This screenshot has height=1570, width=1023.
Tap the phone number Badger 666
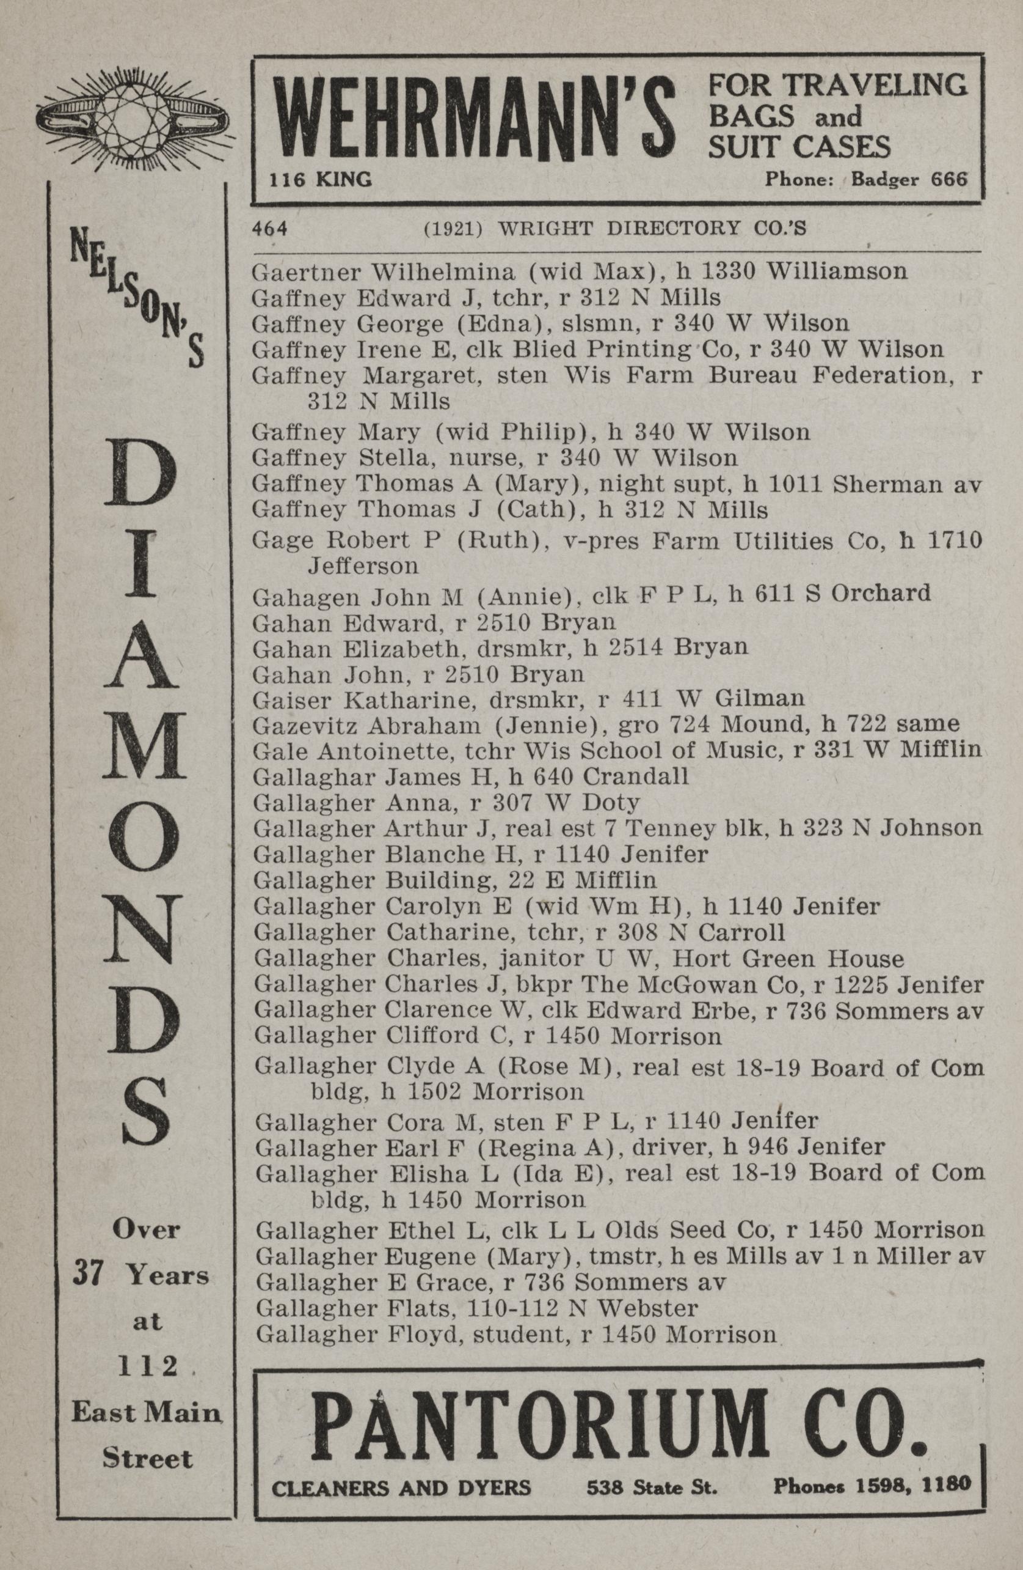(x=909, y=179)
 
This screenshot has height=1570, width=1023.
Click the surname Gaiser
(x=291, y=698)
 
